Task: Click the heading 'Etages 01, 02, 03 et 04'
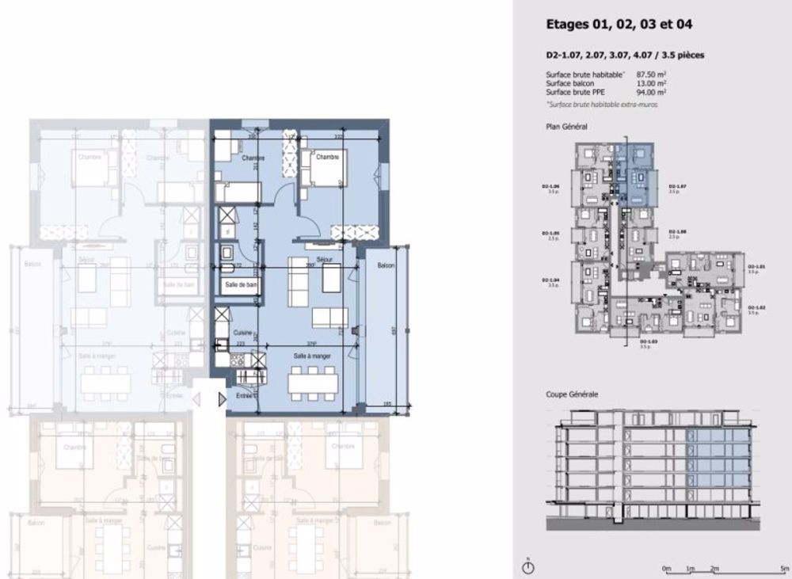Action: point(619,25)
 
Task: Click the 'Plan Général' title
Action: point(565,127)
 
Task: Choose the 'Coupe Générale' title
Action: point(572,394)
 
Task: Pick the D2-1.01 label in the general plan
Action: point(756,268)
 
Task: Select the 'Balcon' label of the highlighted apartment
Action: point(386,265)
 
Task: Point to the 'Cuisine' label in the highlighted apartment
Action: point(242,333)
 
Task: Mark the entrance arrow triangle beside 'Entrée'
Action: point(223,401)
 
